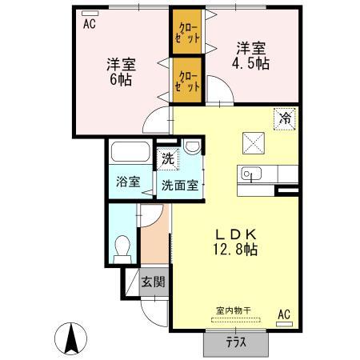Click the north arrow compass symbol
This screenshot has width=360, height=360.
[71, 339]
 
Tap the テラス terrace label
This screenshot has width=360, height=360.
[234, 343]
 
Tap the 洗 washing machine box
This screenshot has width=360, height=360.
[167, 158]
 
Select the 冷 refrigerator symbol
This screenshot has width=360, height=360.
[285, 118]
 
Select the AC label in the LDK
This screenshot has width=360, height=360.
[283, 314]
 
